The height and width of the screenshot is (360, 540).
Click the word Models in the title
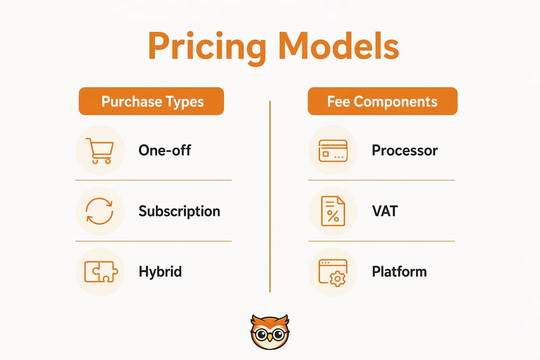339,46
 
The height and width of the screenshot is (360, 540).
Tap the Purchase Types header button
151,101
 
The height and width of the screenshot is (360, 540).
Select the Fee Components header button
382,101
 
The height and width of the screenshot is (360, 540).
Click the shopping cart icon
99,150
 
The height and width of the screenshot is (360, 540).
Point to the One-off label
164,150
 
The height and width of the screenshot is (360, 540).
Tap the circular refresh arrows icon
99,211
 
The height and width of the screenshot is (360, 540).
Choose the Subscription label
179,211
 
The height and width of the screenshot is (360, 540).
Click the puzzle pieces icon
101,272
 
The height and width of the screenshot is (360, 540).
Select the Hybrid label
160,272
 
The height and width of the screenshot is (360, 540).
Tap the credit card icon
333,150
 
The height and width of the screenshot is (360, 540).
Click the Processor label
404,150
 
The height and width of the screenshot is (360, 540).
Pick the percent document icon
332,211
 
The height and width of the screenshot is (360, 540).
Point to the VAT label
385,211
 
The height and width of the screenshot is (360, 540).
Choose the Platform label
399,272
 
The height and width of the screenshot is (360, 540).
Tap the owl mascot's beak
270,337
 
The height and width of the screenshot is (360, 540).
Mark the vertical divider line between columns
270,196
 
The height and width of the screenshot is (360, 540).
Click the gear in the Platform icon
337,278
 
